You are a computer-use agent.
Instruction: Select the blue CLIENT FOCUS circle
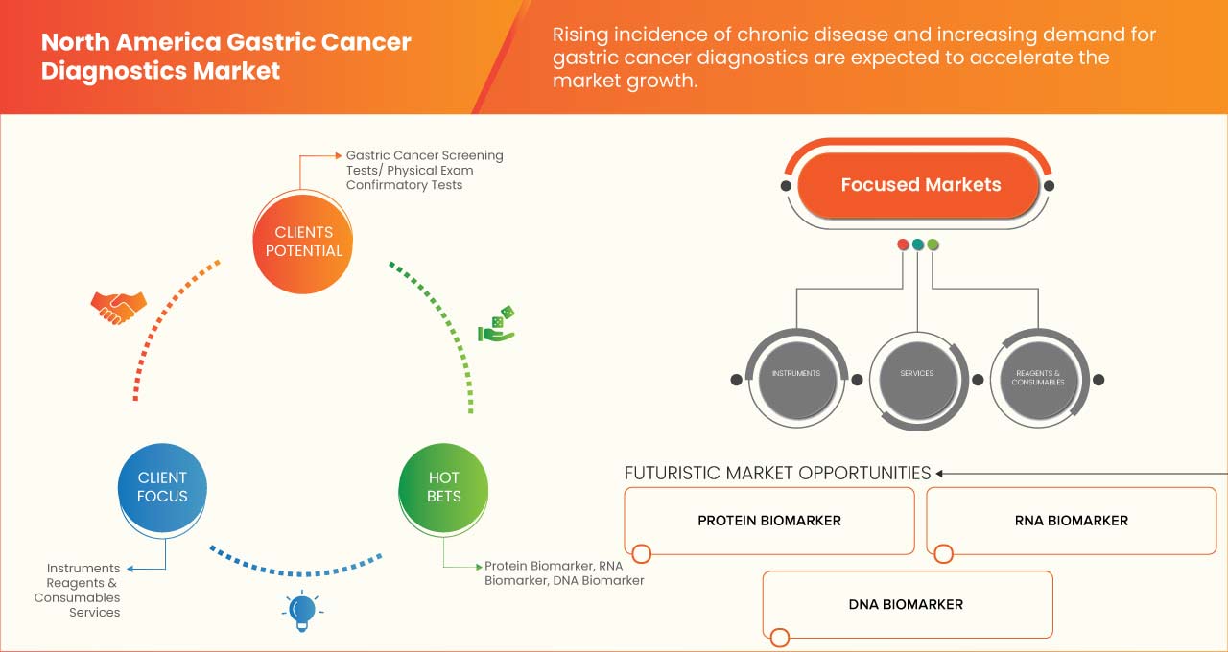click(x=162, y=486)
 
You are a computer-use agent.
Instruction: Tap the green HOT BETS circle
click(x=443, y=486)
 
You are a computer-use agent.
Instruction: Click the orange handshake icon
click(x=118, y=307)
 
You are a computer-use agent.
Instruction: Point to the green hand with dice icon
click(x=497, y=324)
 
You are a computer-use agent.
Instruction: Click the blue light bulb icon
click(x=302, y=610)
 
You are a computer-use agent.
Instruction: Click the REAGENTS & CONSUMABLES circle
click(x=1037, y=377)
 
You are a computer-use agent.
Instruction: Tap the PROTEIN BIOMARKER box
click(x=768, y=521)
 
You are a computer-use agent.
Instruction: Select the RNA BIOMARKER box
click(x=1071, y=521)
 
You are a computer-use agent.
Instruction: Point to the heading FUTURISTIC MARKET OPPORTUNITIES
click(x=777, y=473)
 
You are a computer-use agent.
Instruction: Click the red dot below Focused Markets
click(x=903, y=244)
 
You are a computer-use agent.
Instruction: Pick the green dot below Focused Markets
click(x=933, y=244)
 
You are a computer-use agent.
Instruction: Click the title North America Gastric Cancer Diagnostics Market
click(x=226, y=57)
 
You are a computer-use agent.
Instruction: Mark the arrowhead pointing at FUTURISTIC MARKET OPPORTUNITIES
click(x=940, y=473)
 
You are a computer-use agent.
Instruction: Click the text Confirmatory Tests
click(x=404, y=185)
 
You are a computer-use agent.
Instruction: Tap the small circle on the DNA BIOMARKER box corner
click(x=779, y=637)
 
